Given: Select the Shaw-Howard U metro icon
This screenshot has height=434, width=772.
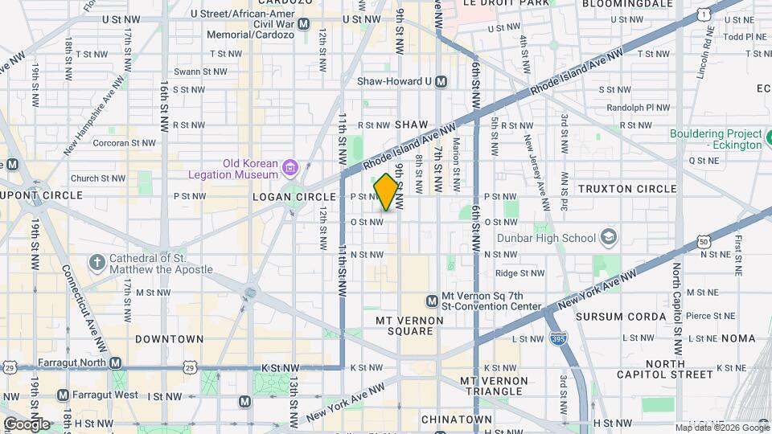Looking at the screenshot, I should [440, 81].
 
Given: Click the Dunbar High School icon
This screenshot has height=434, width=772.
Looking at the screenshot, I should [609, 237].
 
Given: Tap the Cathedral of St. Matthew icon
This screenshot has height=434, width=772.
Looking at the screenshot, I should [96, 263].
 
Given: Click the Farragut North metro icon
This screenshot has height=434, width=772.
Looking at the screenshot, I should [116, 363].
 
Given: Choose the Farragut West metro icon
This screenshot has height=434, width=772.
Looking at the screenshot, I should [64, 395].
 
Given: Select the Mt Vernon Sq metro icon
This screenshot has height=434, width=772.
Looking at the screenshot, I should [432, 301].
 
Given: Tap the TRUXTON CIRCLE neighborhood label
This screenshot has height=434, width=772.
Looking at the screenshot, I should [627, 189].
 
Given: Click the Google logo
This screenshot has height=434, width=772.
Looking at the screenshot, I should [27, 424].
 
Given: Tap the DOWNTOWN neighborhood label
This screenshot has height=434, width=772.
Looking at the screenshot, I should [169, 339].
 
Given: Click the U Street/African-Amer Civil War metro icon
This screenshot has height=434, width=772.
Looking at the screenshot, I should [303, 24].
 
